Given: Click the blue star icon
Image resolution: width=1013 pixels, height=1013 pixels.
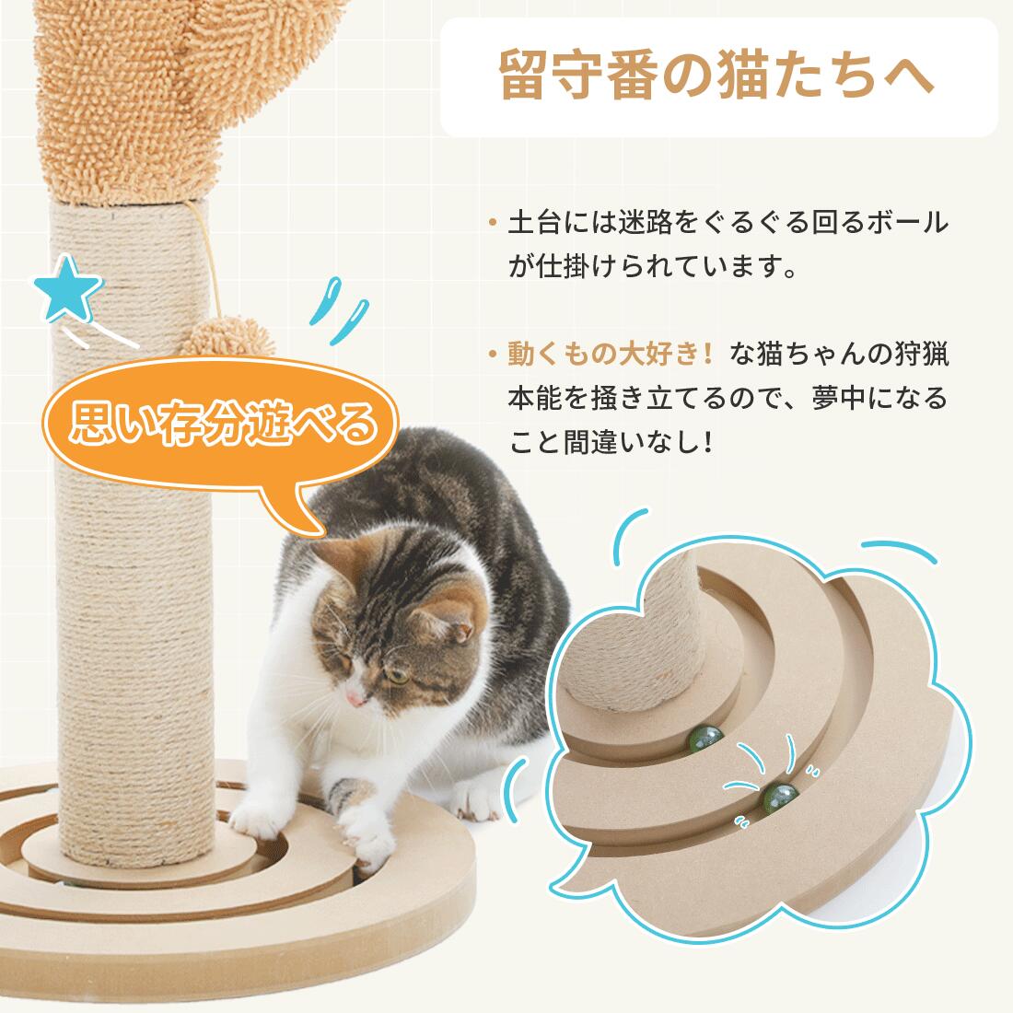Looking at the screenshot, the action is click(x=66, y=289).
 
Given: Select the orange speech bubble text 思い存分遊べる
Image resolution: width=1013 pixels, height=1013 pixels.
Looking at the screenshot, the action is click(x=223, y=425).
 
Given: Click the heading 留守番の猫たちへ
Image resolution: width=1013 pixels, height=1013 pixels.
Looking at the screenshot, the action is click(x=717, y=76).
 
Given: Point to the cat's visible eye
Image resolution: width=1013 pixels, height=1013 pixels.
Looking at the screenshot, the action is click(x=395, y=674).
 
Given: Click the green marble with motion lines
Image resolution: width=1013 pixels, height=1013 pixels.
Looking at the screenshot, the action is click(x=780, y=798).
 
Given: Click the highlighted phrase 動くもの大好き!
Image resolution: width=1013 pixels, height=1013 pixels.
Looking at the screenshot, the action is click(x=610, y=354).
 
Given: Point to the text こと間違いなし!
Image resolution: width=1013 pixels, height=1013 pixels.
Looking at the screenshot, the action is click(x=610, y=443).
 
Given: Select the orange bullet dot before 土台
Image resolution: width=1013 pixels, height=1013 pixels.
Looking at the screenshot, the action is click(x=493, y=223).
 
